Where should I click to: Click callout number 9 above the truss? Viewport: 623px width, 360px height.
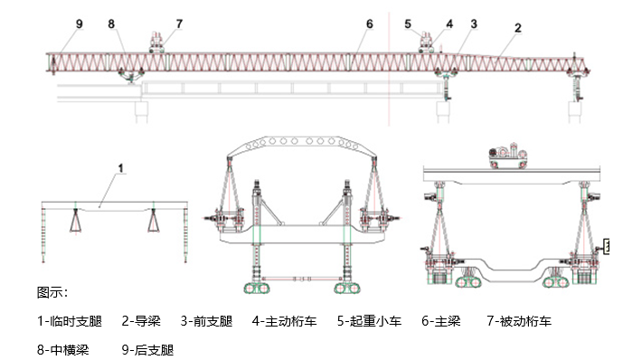[x=80, y=23]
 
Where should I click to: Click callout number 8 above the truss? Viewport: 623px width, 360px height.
[x=110, y=23]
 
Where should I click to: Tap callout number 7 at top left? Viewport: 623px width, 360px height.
[x=178, y=23]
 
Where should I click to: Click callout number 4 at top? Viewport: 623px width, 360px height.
[x=448, y=23]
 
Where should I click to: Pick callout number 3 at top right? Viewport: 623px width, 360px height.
[x=474, y=23]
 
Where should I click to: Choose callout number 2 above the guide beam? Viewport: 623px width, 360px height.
[x=517, y=27]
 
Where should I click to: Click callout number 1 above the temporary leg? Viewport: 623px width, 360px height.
[x=120, y=167]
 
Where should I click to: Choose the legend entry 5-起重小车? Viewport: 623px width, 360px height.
[x=370, y=320]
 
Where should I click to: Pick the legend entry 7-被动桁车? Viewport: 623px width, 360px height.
[x=519, y=320]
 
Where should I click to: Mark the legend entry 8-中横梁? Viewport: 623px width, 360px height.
[x=63, y=349]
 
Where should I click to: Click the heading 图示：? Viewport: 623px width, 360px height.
[x=52, y=292]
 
